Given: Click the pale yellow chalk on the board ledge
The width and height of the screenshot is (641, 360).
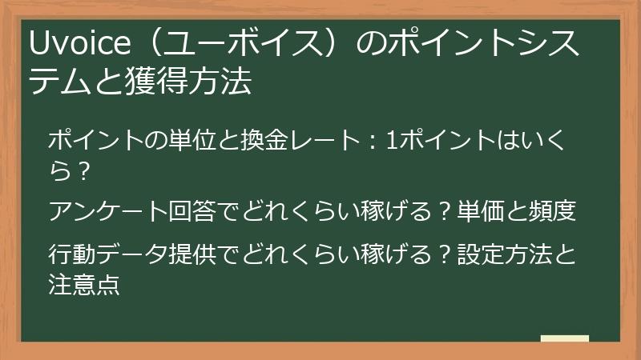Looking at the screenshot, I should tap(564, 339).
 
